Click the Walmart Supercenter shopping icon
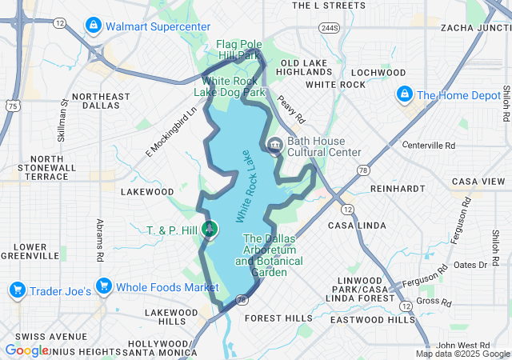(94, 26)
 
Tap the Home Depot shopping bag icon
(405, 95)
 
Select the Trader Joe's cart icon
(17, 287)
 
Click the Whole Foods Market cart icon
(103, 286)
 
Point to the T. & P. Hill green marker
(210, 230)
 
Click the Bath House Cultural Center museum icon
(275, 146)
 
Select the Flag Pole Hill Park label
(240, 50)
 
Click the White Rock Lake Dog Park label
(233, 86)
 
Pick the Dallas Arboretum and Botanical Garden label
(269, 255)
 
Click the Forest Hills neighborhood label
(278, 318)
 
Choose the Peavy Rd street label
(293, 110)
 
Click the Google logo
(26, 350)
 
